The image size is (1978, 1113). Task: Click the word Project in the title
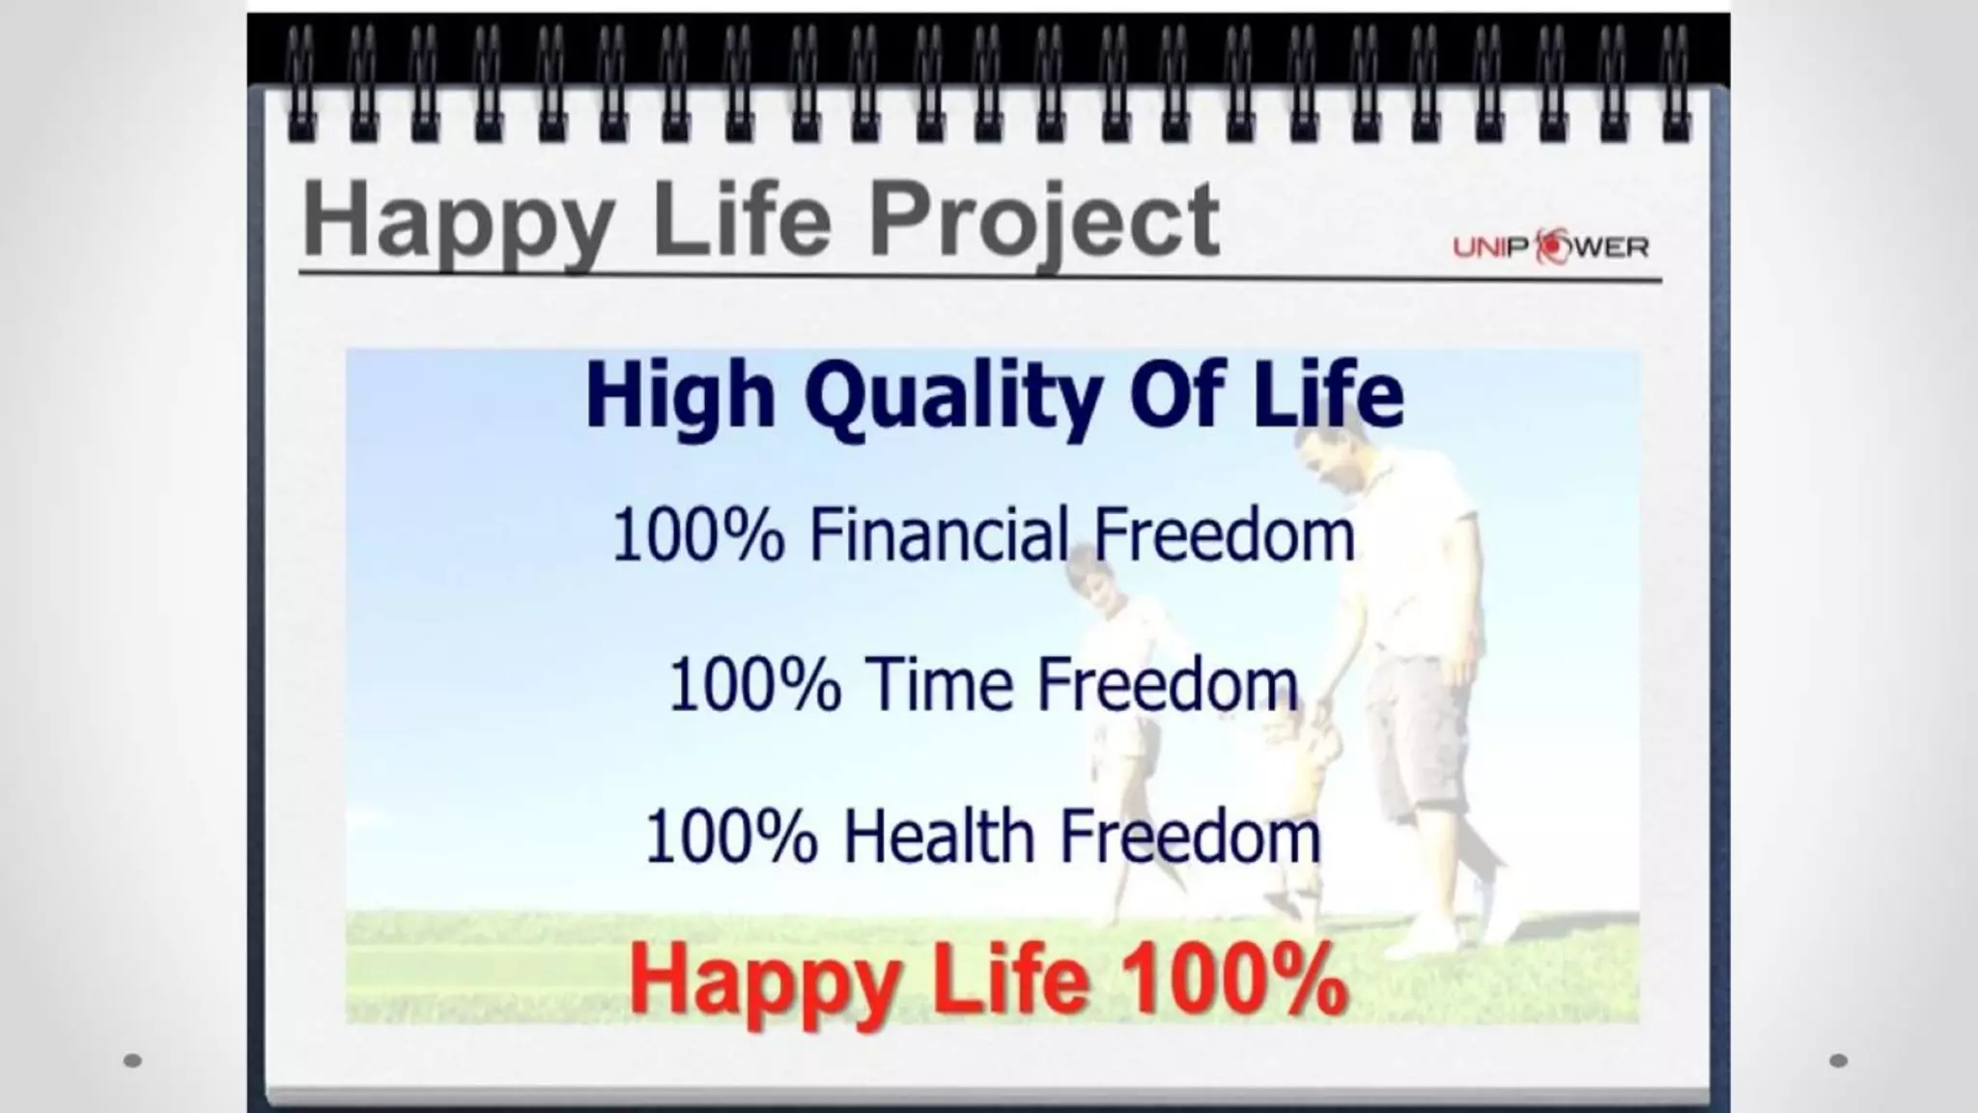[1043, 221]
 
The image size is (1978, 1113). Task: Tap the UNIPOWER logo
[1551, 247]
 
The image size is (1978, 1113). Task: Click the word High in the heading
[680, 396]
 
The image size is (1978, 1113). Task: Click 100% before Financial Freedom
[698, 535]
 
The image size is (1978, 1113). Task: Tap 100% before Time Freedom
[754, 685]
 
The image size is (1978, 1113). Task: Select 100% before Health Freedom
[731, 838]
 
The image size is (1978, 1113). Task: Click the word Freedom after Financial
[1225, 533]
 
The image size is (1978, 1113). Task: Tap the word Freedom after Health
[1190, 837]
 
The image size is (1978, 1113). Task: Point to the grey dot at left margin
[133, 1061]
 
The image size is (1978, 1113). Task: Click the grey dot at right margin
[1838, 1061]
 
